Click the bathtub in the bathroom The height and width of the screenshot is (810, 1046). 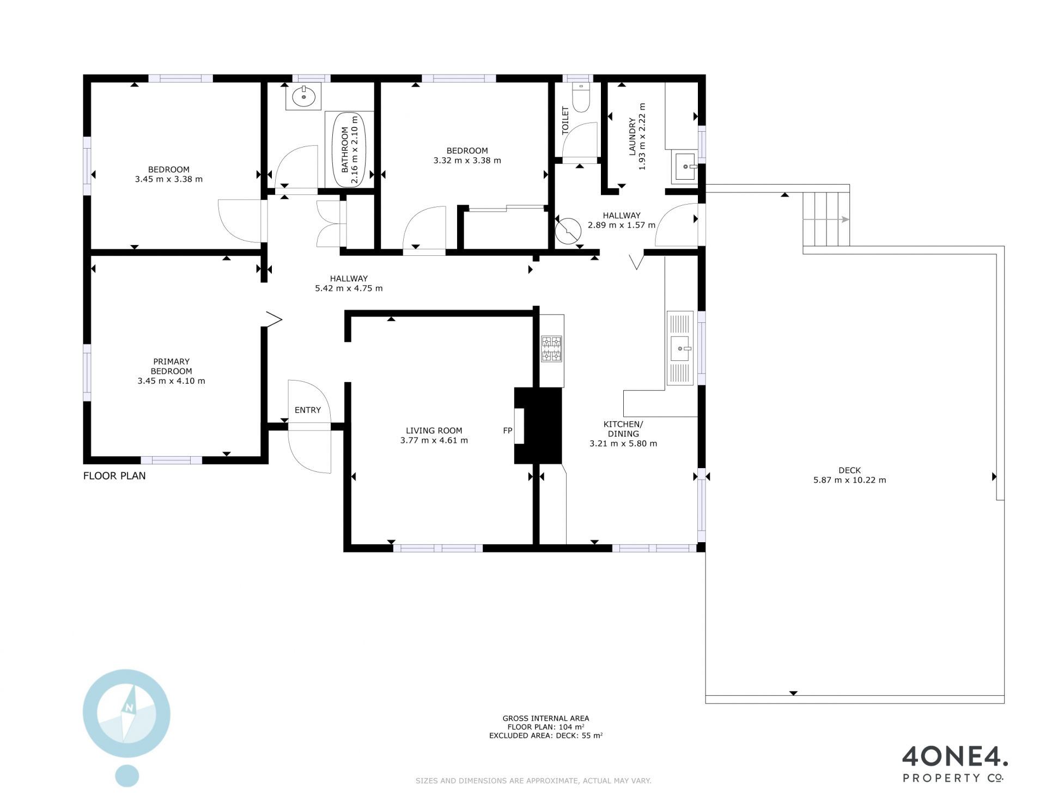pyautogui.click(x=349, y=149)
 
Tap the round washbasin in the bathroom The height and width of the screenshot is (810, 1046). pyautogui.click(x=303, y=97)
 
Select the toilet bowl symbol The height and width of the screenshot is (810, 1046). pyautogui.click(x=581, y=97)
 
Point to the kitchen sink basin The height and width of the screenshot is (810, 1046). pyautogui.click(x=680, y=348)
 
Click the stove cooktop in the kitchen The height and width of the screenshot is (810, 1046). pyautogui.click(x=551, y=349)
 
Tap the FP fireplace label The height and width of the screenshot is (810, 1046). pyautogui.click(x=508, y=431)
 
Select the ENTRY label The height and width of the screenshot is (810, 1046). pyautogui.click(x=308, y=410)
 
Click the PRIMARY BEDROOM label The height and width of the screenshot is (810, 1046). pyautogui.click(x=172, y=366)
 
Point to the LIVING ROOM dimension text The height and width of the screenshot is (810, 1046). pyautogui.click(x=434, y=440)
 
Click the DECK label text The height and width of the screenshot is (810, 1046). pyautogui.click(x=850, y=470)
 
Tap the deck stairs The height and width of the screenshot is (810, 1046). pyautogui.click(x=826, y=219)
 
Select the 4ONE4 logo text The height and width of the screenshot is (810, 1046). pyautogui.click(x=955, y=757)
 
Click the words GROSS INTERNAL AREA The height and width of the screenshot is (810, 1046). pyautogui.click(x=546, y=719)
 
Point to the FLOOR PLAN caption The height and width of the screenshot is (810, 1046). pyautogui.click(x=114, y=476)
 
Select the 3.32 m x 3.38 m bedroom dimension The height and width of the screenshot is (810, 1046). pyautogui.click(x=467, y=161)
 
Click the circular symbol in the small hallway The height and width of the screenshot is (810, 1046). pyautogui.click(x=568, y=231)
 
